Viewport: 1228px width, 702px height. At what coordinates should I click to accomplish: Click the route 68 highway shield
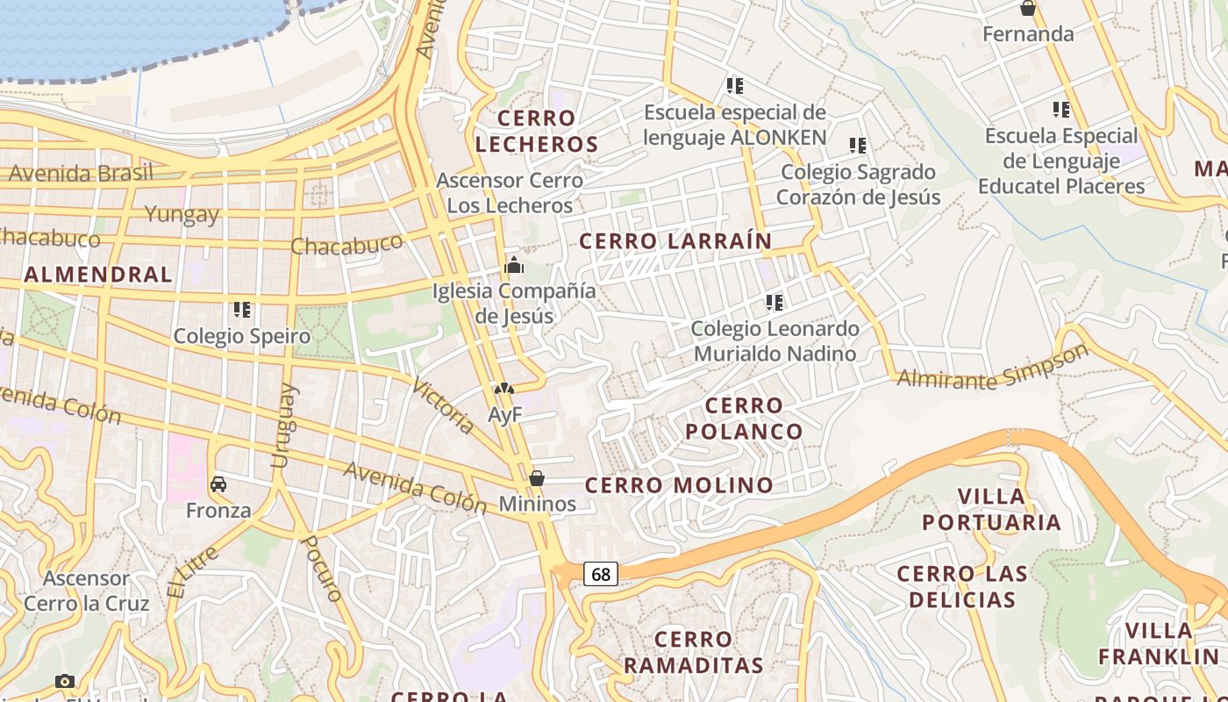601,574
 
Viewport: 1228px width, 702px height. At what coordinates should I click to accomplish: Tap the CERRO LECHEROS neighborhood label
537,131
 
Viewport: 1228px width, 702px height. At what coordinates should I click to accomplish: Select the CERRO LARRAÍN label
675,241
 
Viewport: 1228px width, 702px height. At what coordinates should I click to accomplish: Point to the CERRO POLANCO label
744,419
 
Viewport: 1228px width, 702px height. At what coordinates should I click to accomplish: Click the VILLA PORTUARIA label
991,510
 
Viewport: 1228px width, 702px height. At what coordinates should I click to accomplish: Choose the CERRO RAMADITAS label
693,652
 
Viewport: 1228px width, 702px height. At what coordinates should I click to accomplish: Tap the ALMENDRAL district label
98,275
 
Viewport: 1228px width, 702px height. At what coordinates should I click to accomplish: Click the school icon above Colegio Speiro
242,310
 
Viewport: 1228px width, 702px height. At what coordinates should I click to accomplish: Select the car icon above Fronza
218,484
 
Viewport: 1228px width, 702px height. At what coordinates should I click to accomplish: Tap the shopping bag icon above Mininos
537,478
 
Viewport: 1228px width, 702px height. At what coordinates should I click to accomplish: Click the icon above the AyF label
503,389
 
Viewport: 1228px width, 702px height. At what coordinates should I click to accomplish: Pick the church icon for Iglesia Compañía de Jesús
514,264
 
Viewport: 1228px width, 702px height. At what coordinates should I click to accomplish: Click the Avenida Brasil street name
81,173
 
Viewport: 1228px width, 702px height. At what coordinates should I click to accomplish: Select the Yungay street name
182,214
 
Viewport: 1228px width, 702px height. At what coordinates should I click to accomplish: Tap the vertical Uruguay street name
282,426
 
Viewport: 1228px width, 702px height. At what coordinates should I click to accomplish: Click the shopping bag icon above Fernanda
1028,9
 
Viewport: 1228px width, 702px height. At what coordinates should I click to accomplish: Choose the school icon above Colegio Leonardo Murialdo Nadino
774,303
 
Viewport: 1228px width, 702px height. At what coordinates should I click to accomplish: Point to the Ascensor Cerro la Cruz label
86,591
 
